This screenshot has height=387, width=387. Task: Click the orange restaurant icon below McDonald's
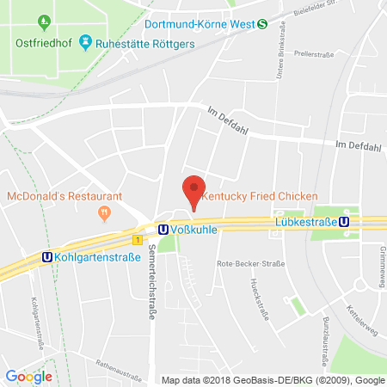[x=105, y=212]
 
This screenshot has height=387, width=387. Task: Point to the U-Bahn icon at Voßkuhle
[x=162, y=230]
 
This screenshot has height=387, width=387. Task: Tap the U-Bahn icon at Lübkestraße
[x=344, y=220]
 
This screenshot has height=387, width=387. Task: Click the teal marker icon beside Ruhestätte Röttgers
[x=85, y=40]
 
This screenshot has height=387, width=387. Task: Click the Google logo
[x=28, y=376]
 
